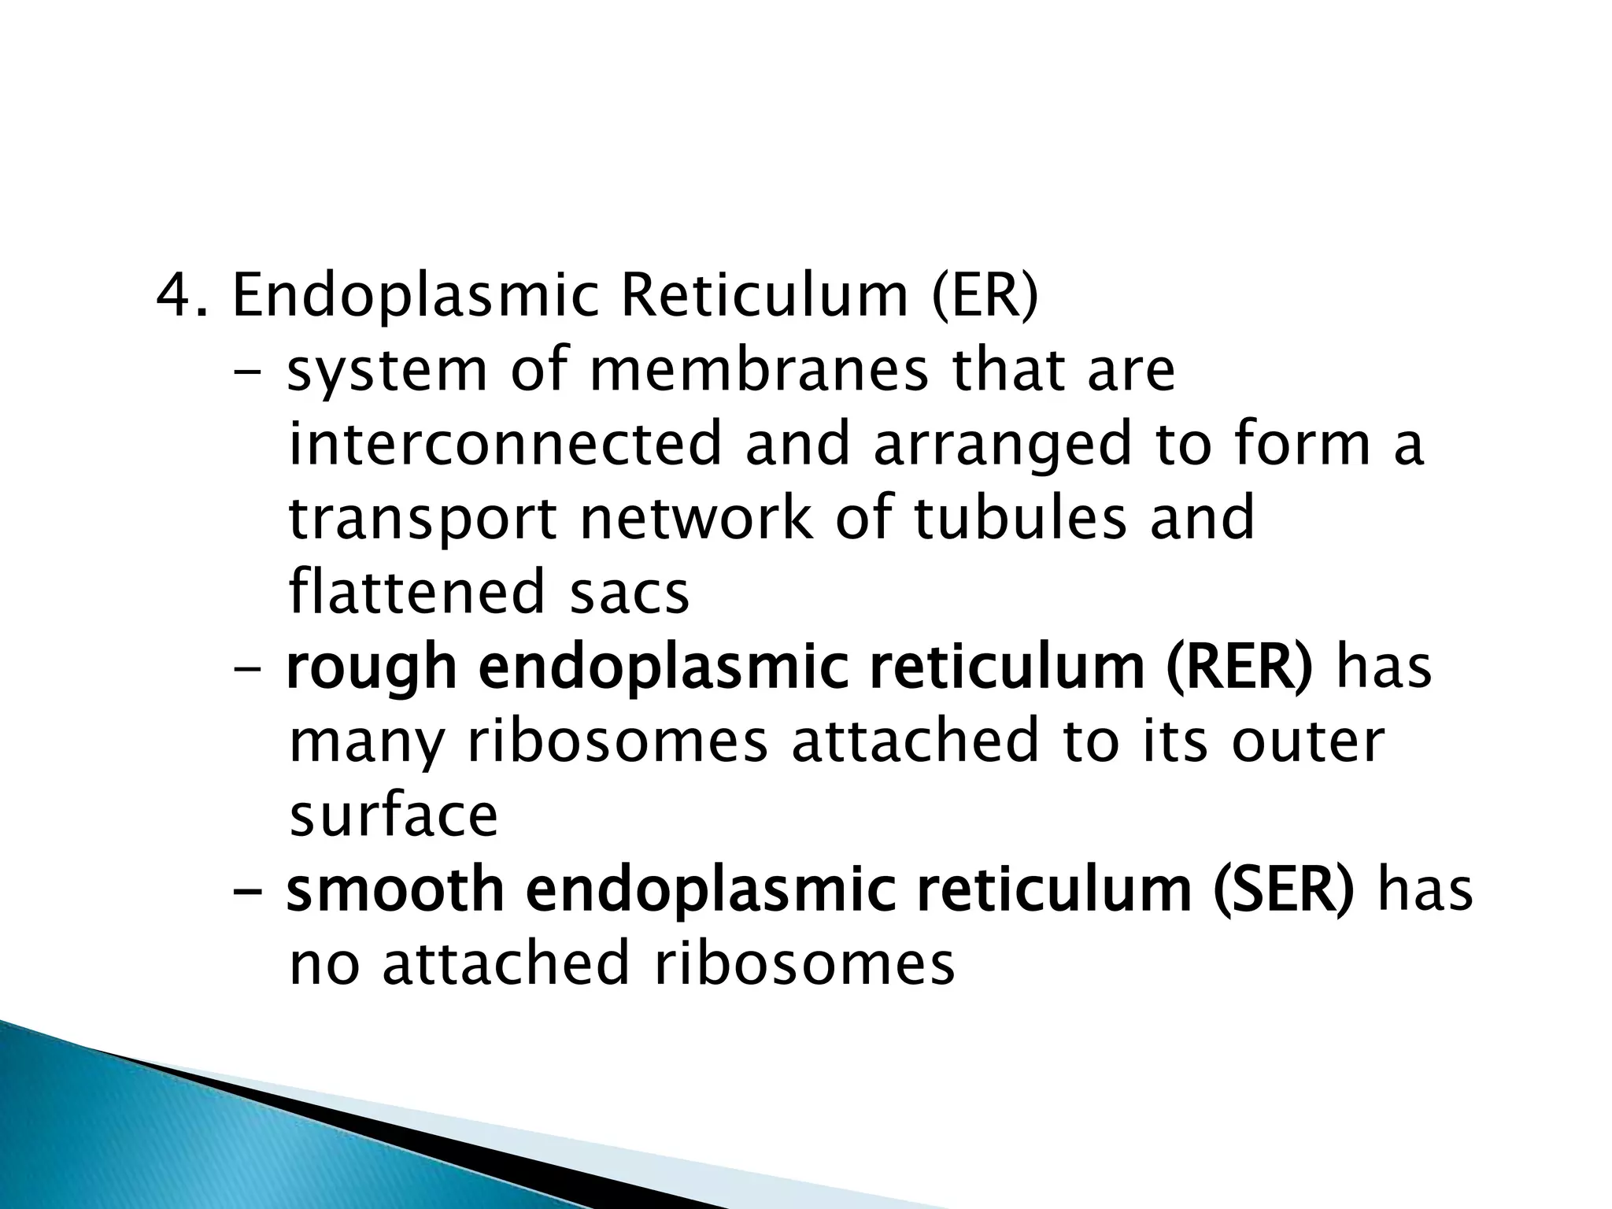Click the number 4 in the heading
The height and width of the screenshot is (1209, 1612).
coord(175,296)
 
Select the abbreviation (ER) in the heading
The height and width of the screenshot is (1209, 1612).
coord(985,298)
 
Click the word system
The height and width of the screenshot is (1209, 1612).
coord(386,372)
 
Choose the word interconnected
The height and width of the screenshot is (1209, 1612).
coord(505,444)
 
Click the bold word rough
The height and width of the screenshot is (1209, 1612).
coord(371,669)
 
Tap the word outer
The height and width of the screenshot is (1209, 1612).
coord(1307,741)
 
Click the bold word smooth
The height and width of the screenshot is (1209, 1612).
coord(394,890)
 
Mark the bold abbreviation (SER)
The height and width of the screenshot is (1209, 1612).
coord(1283,890)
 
